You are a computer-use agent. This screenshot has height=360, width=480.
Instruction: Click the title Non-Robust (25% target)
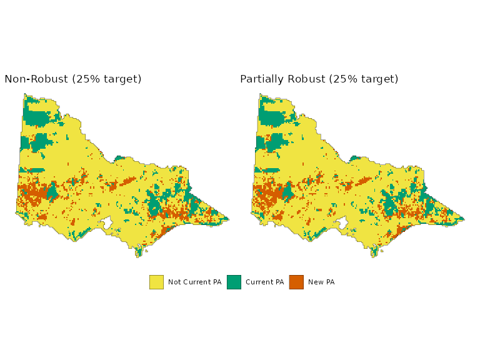click(x=73, y=79)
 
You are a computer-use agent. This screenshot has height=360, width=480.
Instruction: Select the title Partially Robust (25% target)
click(x=319, y=79)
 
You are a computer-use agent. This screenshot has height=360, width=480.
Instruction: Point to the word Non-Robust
click(x=36, y=79)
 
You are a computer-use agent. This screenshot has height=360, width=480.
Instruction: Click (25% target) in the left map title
click(x=107, y=79)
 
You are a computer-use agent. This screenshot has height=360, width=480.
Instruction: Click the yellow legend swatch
click(x=156, y=282)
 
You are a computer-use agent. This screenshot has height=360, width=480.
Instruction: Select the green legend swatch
click(x=234, y=282)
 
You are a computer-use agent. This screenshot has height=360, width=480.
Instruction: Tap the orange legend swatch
click(x=296, y=282)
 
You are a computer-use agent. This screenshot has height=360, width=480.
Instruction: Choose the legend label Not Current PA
click(x=194, y=282)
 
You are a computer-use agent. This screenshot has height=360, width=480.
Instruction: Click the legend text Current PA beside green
click(x=264, y=282)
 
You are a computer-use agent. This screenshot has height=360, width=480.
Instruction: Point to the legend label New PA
click(x=321, y=282)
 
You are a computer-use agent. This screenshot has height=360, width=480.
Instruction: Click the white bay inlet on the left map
click(x=107, y=223)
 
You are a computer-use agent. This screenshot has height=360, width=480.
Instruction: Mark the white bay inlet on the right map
click(x=342, y=223)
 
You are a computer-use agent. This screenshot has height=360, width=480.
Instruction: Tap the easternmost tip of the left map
click(x=227, y=219)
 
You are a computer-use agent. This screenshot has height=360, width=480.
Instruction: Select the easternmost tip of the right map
click(x=463, y=219)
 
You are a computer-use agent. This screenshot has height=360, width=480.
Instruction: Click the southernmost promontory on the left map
click(x=138, y=254)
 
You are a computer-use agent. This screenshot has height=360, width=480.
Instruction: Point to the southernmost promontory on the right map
click(x=374, y=254)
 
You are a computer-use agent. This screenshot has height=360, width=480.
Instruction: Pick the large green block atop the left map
click(x=37, y=117)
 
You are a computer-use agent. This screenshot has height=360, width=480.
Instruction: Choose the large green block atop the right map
click(x=272, y=117)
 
